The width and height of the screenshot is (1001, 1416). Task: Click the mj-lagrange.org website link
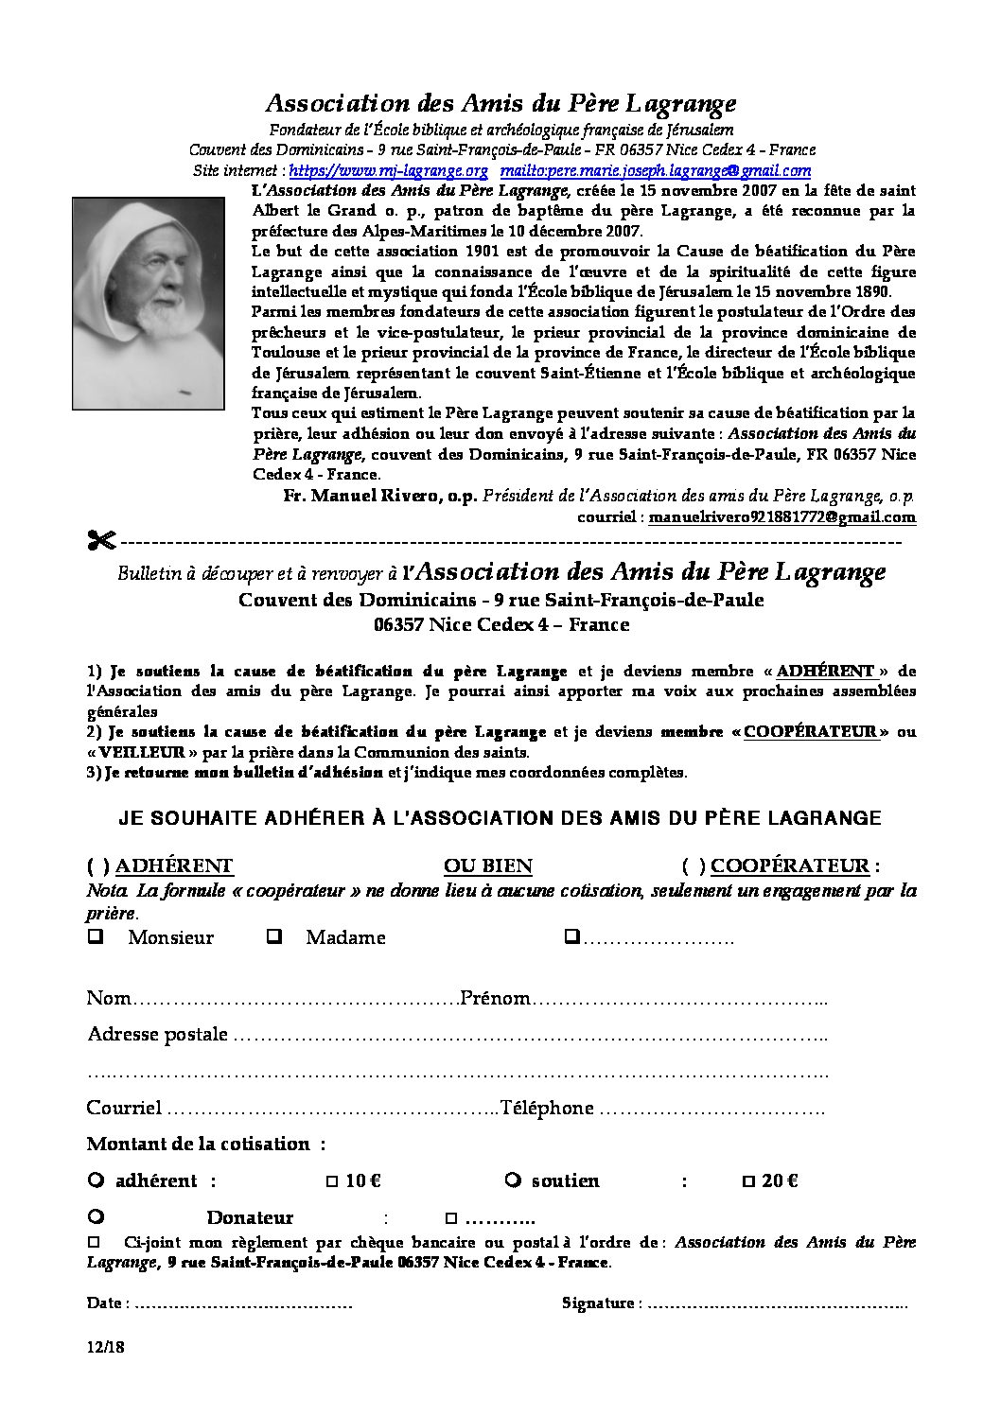pyautogui.click(x=388, y=171)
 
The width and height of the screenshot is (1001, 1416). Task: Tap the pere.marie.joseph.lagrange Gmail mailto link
pyautogui.click(x=656, y=171)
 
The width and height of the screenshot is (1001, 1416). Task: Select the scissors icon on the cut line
pyautogui.click(x=101, y=541)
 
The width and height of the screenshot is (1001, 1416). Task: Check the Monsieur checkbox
pyautogui.click(x=95, y=937)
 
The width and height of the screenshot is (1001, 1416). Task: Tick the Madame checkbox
pyautogui.click(x=274, y=937)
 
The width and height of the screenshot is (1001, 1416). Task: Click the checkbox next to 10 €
pyautogui.click(x=331, y=1181)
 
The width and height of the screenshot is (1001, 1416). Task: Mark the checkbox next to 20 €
pyautogui.click(x=748, y=1181)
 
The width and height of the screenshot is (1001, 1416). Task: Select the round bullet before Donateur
pyautogui.click(x=95, y=1216)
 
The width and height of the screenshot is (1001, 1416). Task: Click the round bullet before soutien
pyautogui.click(x=513, y=1180)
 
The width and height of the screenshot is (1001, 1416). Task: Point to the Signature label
pyautogui.click(x=597, y=1303)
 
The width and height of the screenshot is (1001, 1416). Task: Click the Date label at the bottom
pyautogui.click(x=104, y=1303)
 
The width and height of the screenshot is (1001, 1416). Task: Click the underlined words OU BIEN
pyautogui.click(x=487, y=865)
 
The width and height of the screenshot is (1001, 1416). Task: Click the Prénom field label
pyautogui.click(x=495, y=999)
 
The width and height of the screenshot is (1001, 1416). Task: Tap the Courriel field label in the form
pyautogui.click(x=124, y=1108)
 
